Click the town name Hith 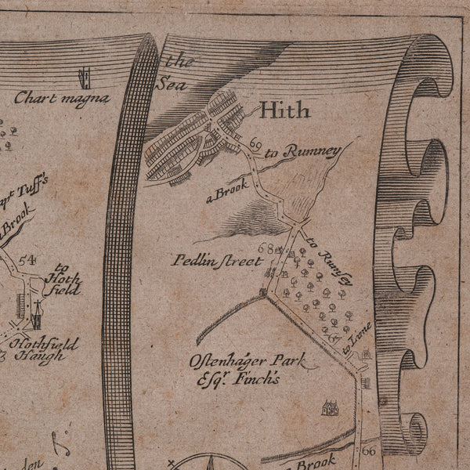pyautogui.click(x=284, y=110)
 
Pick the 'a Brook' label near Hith pyautogui.click(x=227, y=190)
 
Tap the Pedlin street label pyautogui.click(x=217, y=261)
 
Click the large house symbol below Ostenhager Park pyautogui.click(x=330, y=408)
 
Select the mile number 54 pyautogui.click(x=29, y=260)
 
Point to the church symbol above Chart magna pyautogui.click(x=82, y=77)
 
